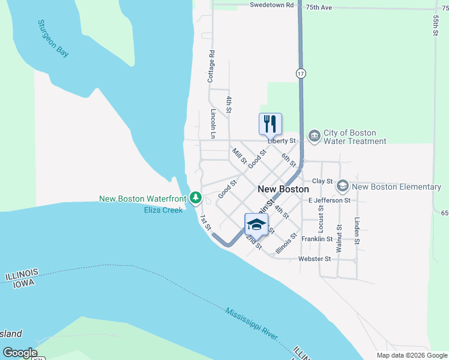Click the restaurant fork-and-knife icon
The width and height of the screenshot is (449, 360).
pos(270,124)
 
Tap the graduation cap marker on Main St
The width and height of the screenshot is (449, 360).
pos(256,224)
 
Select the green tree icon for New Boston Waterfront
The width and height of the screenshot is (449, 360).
pos(196,197)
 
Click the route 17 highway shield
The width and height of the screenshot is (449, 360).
pos(301,73)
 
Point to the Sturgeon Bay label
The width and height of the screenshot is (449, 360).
pos(53,38)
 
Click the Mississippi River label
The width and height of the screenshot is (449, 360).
pos(252,324)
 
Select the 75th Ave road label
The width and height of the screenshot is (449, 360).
pos(319,8)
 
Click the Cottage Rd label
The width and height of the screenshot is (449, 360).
pos(211,66)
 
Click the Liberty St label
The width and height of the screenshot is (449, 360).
pos(282,141)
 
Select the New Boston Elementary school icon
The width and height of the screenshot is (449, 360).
pos(343,186)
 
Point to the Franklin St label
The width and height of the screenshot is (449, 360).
pos(317,239)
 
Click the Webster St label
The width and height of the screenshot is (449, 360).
pos(315,259)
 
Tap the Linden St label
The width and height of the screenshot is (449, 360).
pos(357,230)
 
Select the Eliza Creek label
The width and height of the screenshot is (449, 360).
pos(163,210)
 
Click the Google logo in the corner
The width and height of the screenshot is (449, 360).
pos(20,353)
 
